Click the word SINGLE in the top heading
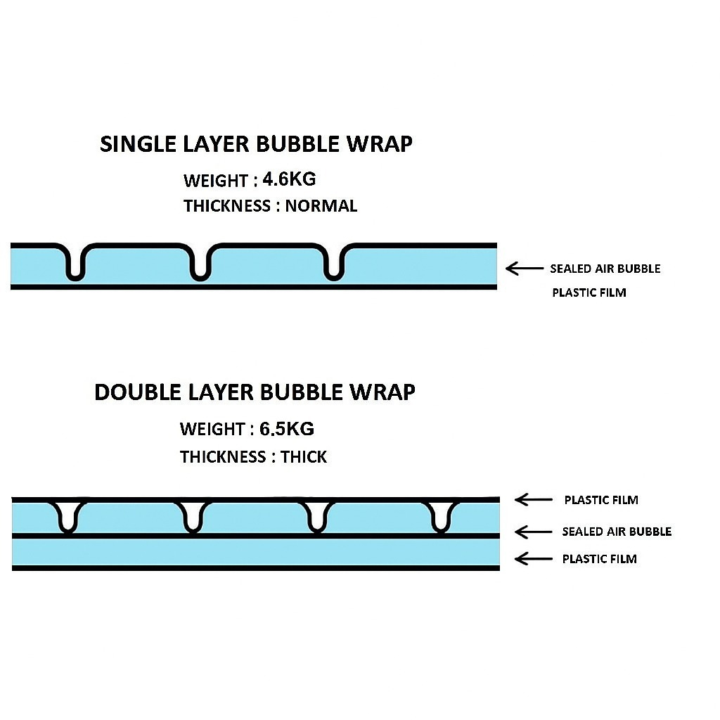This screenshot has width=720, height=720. pos(139,144)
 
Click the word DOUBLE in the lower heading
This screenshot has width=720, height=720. pos(137,392)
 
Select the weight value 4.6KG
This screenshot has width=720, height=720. pos(289,179)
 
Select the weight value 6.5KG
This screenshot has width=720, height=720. pos(287,429)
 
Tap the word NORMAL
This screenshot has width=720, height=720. pos(321,206)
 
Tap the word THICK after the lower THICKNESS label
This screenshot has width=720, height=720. pos(304,457)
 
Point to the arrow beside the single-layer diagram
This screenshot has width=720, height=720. pos(525,268)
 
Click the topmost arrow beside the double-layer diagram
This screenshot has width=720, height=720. pos(534,500)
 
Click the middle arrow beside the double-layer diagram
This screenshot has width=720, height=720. pos(534,532)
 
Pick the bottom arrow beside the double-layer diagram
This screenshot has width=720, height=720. pos(534,559)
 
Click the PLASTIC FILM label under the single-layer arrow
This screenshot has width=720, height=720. pos(589,292)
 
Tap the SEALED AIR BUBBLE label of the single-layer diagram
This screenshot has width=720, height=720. pos(605,269)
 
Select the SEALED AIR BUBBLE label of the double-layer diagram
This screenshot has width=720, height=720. pos(617,532)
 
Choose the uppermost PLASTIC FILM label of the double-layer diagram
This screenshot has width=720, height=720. pos(601,500)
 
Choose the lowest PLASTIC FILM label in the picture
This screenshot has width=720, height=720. pos(599,559)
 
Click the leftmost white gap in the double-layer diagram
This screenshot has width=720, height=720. pos(68,515)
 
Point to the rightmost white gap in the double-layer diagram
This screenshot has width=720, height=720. pos(440,515)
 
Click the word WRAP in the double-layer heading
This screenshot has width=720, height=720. pos(382,392)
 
